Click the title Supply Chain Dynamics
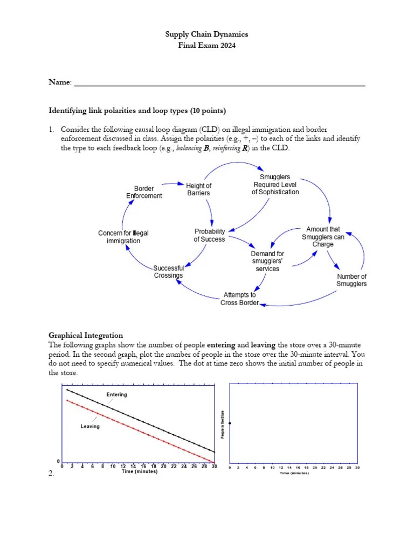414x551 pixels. (x=206, y=34)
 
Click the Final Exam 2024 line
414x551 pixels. (x=206, y=46)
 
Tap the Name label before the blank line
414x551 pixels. (x=60, y=82)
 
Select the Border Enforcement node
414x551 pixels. (x=144, y=192)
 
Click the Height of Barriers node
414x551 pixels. (x=198, y=189)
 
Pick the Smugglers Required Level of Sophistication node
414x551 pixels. (x=275, y=184)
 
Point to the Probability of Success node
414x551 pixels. (x=210, y=235)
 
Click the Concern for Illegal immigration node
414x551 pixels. (x=123, y=237)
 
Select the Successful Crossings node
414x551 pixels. (x=168, y=272)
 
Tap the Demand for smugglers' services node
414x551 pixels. (x=267, y=261)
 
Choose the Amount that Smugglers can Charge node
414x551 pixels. (x=323, y=237)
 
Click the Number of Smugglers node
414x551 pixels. (x=351, y=280)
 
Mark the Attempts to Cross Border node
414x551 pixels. (x=239, y=299)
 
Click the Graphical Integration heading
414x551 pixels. (x=86, y=335)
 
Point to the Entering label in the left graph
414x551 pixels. (x=116, y=395)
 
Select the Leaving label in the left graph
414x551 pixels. (x=89, y=426)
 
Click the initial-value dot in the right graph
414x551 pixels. (x=230, y=423)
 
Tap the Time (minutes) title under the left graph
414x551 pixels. (x=139, y=471)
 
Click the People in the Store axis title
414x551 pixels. (x=223, y=423)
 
